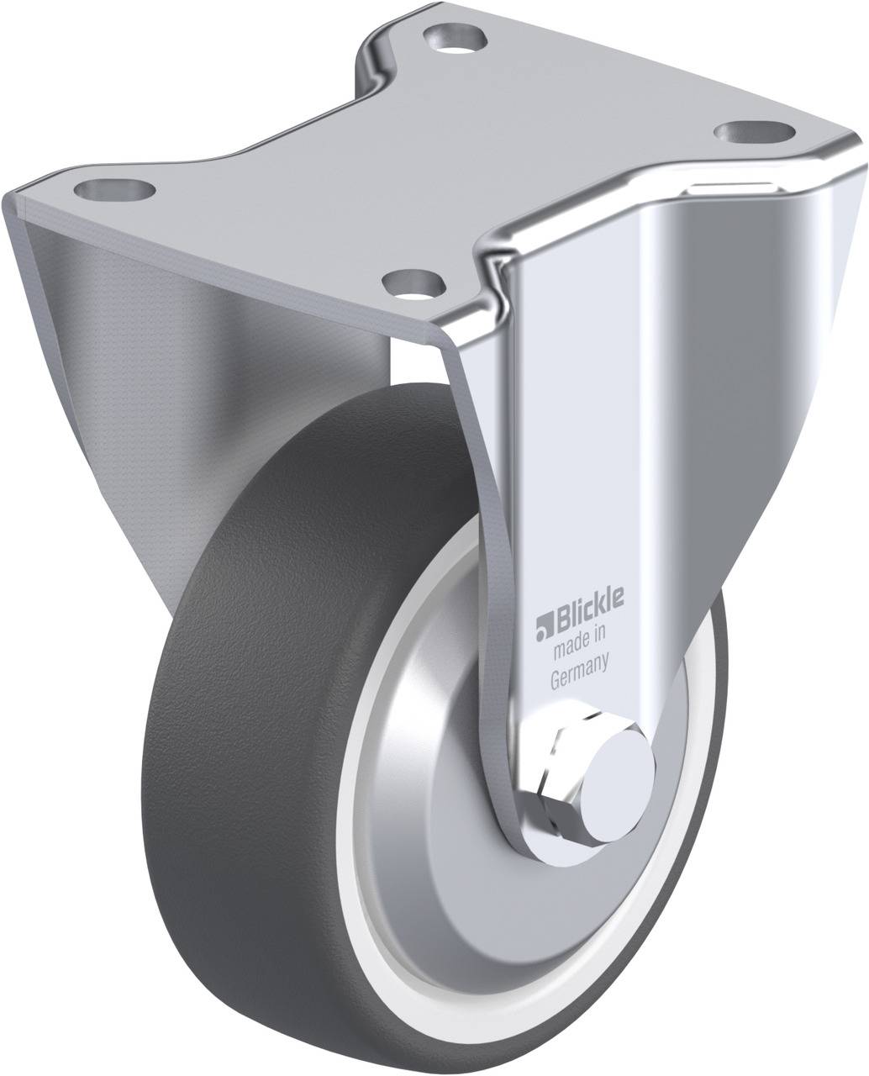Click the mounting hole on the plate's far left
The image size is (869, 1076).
coord(113,191)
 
